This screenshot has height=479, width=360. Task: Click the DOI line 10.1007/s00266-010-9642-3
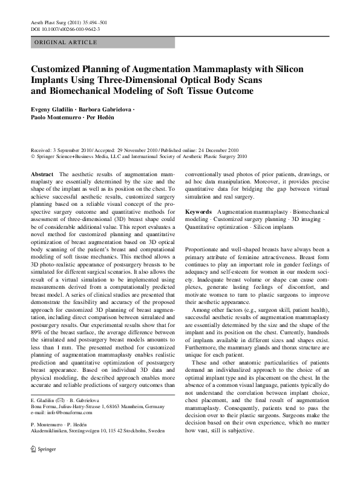click(x=65, y=29)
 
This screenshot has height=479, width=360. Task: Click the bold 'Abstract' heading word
click(x=42, y=174)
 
